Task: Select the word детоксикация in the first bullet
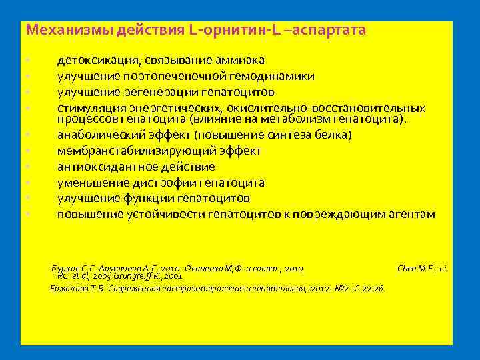95,61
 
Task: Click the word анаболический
98,135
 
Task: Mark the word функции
147,198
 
